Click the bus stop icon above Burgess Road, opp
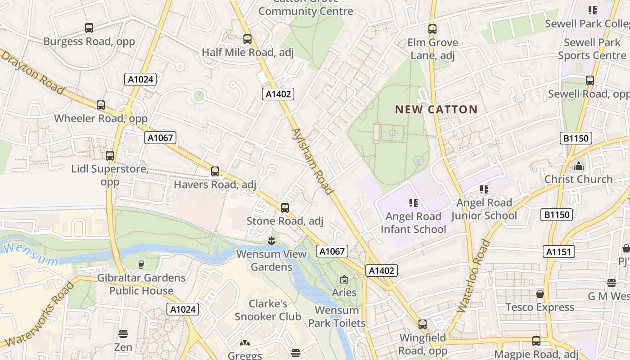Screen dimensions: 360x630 pyautogui.click(x=89, y=28)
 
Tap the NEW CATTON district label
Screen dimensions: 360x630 pyautogui.click(x=436, y=109)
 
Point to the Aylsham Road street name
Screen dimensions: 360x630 pyautogui.click(x=313, y=161)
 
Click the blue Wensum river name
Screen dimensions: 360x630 pyautogui.click(x=31, y=254)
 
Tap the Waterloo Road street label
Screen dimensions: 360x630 pyautogui.click(x=473, y=276)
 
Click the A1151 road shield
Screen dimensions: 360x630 pyautogui.click(x=558, y=252)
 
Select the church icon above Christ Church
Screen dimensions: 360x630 pyautogui.click(x=578, y=166)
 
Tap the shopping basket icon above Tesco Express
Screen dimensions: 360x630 pyautogui.click(x=540, y=294)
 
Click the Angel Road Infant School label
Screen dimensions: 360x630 pyautogui.click(x=413, y=223)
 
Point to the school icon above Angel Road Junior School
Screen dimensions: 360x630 pyautogui.click(x=484, y=189)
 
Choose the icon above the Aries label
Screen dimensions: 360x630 pyautogui.click(x=344, y=280)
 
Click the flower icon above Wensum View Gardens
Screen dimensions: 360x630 pyautogui.click(x=271, y=241)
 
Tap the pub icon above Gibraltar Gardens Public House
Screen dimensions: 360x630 pyautogui.click(x=141, y=265)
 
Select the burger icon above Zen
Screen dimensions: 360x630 pyautogui.click(x=123, y=334)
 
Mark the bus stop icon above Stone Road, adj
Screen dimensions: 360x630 pyautogui.click(x=284, y=208)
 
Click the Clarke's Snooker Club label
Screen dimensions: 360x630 pyautogui.click(x=268, y=310)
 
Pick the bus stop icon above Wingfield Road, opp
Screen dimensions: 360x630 pyautogui.click(x=423, y=324)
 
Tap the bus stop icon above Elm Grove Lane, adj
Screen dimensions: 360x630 pyautogui.click(x=432, y=29)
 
